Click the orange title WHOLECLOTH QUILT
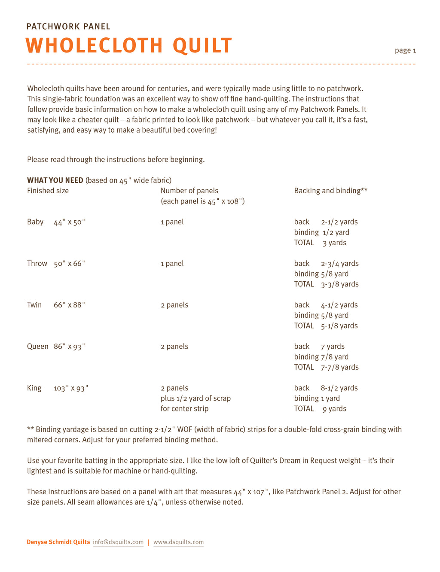[129, 46]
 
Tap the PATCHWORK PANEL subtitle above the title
[68, 27]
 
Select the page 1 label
[405, 51]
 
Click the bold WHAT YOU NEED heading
[55, 180]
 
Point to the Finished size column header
[48, 191]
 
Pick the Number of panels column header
[189, 191]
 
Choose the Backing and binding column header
[330, 191]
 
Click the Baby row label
[35, 222]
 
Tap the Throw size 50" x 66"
[70, 264]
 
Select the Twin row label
[34, 305]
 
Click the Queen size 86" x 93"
[70, 347]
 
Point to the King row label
[34, 388]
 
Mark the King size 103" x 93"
[71, 388]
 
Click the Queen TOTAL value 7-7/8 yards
[339, 367]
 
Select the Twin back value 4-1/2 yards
[339, 305]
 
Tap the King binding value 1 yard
[330, 399]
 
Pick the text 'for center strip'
[184, 409]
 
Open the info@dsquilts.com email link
[118, 542]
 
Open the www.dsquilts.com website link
[178, 542]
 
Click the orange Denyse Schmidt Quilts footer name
[58, 542]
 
